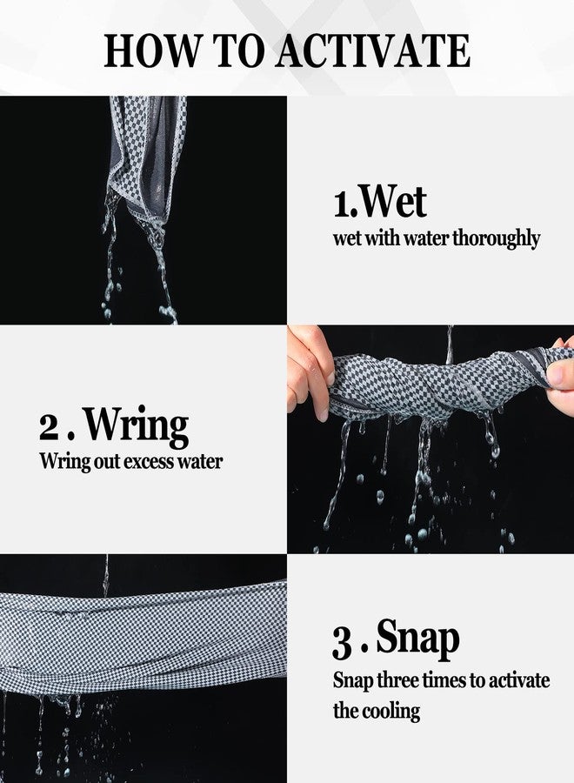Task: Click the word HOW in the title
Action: [x=150, y=50]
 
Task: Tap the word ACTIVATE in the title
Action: [x=374, y=50]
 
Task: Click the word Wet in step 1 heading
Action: [x=393, y=201]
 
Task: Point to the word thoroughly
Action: [x=496, y=238]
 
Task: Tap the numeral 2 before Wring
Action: [x=49, y=428]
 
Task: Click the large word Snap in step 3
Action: [x=417, y=639]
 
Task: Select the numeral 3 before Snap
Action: [x=342, y=644]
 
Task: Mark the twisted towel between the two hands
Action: [x=439, y=383]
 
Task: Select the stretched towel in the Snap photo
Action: [x=143, y=635]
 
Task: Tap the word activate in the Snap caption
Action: [x=519, y=680]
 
